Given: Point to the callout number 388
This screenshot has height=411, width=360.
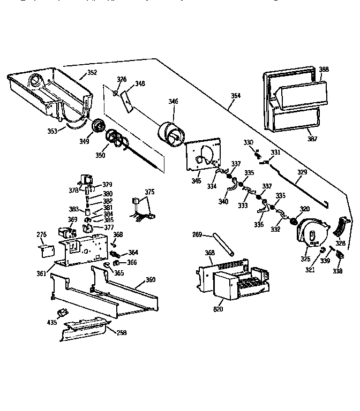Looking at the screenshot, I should [x=324, y=70].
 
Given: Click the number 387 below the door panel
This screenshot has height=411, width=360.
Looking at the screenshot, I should [x=312, y=139].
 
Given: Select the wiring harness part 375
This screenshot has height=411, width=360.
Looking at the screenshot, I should [x=142, y=209].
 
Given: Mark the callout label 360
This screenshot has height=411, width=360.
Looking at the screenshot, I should [x=151, y=280].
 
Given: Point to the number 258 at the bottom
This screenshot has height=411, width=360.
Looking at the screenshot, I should [x=122, y=332].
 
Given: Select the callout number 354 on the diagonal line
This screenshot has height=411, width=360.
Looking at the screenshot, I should [x=236, y=96].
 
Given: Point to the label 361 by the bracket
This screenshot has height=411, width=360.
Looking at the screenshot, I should [x=41, y=273].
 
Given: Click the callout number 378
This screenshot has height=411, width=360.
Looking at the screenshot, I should [x=73, y=189].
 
